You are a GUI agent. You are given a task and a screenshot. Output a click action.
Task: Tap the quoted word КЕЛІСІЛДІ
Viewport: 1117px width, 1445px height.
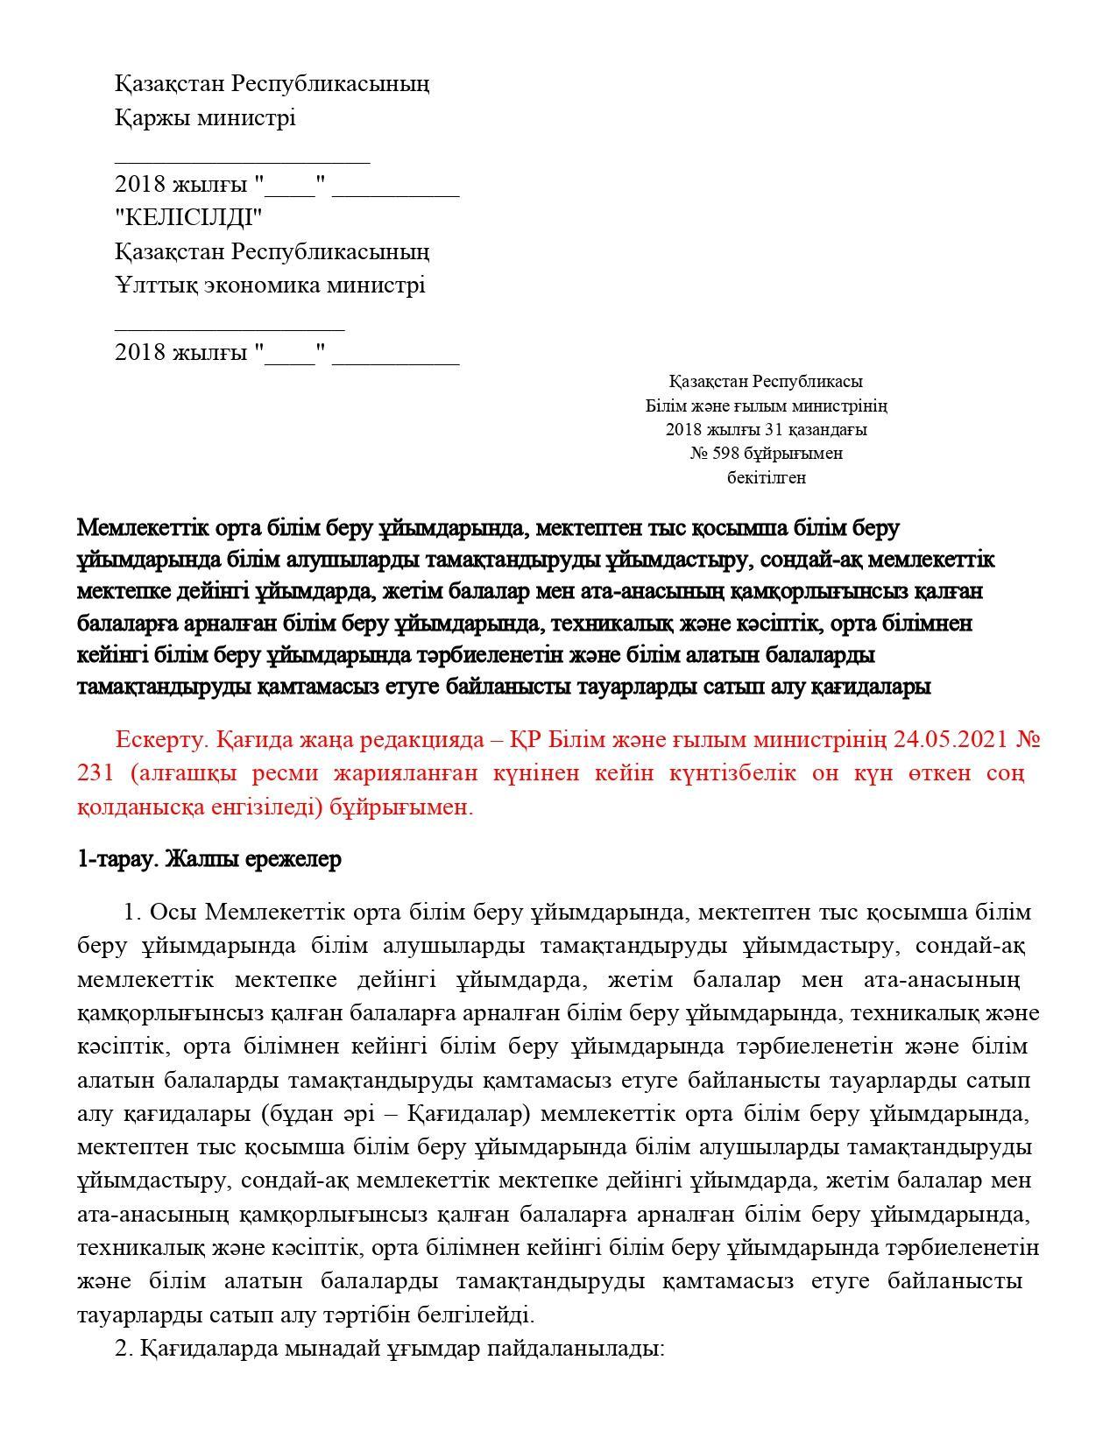pyautogui.click(x=188, y=217)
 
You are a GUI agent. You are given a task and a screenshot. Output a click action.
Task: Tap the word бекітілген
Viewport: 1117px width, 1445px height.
pyautogui.click(x=767, y=478)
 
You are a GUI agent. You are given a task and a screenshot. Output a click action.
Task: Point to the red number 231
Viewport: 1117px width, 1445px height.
pyautogui.click(x=95, y=773)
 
